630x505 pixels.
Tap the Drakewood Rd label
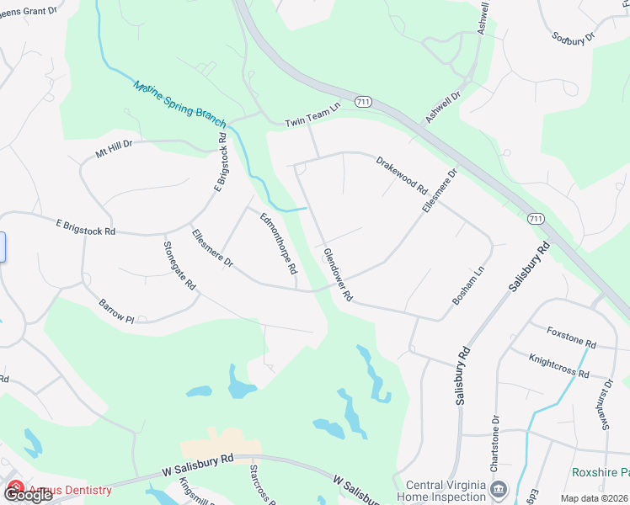(402, 173)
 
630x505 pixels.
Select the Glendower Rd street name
(337, 275)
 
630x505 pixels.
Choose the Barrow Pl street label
(116, 311)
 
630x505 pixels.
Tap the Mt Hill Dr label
(114, 149)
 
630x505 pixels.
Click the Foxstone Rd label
(571, 338)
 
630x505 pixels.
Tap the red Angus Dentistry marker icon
(15, 487)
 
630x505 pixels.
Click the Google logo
(28, 495)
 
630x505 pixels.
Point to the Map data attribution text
(594, 498)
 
